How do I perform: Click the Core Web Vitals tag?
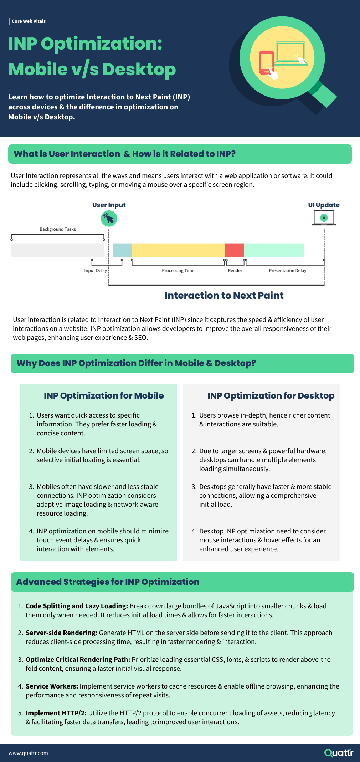(x=29, y=21)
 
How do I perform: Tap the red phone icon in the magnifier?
(x=266, y=63)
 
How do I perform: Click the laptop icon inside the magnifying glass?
(x=291, y=53)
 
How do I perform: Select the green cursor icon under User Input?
(x=109, y=218)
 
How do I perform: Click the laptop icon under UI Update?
(x=324, y=218)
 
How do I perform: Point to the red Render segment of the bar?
(x=234, y=250)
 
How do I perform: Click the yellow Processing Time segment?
(x=178, y=250)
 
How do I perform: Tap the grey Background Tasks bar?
(x=57, y=250)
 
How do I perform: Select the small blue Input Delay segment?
(x=122, y=250)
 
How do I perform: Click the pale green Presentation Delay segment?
(x=274, y=250)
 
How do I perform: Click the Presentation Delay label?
(x=287, y=271)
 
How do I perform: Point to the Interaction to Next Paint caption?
(x=224, y=296)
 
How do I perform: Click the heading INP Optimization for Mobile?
(x=104, y=396)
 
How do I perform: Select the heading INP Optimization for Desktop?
(x=271, y=396)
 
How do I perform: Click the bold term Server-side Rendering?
(x=61, y=633)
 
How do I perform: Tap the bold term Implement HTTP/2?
(x=56, y=713)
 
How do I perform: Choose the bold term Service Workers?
(x=52, y=686)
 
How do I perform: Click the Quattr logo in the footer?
(x=339, y=753)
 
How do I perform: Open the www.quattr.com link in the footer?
(x=28, y=753)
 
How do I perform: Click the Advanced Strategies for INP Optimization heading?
(x=108, y=582)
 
